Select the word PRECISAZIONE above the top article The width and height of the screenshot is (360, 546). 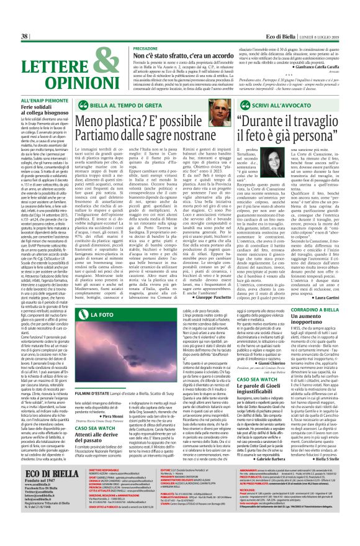(x=145, y=48)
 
